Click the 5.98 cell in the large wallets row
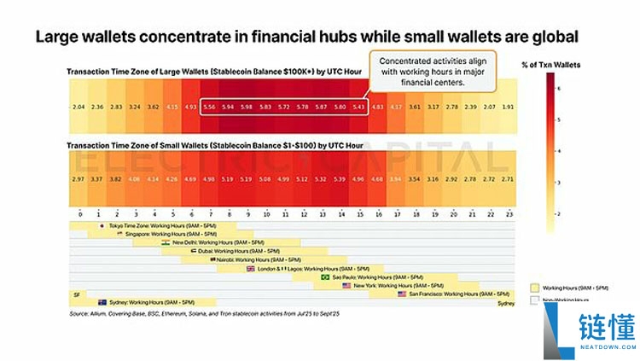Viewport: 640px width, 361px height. tap(246, 107)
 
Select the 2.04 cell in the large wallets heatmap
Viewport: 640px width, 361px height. tap(79, 107)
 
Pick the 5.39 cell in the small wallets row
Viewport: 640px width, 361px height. tap(340, 179)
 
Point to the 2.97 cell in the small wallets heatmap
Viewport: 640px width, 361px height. tap(79, 179)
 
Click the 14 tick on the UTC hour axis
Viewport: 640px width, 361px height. tap(340, 213)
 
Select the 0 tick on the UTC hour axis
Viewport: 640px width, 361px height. tap(79, 213)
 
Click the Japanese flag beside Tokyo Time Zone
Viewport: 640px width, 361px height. tap(102, 225)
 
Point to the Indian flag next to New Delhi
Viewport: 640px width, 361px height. tap(165, 242)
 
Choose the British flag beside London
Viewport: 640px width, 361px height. tap(250, 268)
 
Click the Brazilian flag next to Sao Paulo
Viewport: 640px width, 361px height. tap(324, 277)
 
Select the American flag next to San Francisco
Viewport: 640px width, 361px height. tap(403, 294)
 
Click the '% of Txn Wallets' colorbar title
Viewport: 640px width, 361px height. tap(550, 65)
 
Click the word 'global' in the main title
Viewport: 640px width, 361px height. tap(554, 37)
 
